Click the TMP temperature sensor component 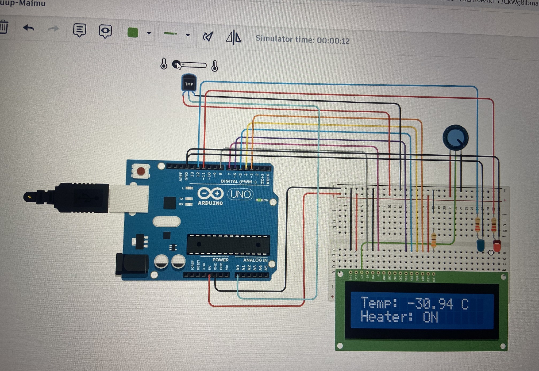tap(189, 84)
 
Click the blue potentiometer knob tap(455, 137)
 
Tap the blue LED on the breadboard tap(480, 244)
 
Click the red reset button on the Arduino tap(141, 171)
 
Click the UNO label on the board tap(240, 194)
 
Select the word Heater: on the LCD tap(386, 317)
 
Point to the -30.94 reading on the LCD tap(430, 304)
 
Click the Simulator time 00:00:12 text tap(302, 40)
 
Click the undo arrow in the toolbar tap(29, 28)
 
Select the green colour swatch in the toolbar tap(133, 33)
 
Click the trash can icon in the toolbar tap(4, 27)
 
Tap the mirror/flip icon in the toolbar tap(233, 37)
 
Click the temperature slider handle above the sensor tap(176, 64)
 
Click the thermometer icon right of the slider tap(215, 66)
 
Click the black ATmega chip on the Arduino tap(228, 244)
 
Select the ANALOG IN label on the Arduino tap(255, 260)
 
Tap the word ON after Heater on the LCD tap(430, 318)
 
